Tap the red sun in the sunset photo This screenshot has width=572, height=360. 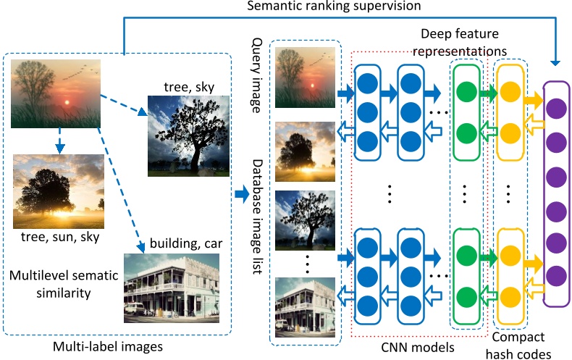coord(67,102)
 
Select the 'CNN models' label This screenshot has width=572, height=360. coord(419,347)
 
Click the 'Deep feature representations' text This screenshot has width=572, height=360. coord(464,43)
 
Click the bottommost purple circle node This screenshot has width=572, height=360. coord(555,275)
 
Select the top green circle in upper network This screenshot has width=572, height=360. coord(465,93)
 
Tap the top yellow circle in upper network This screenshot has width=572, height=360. coord(510,93)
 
